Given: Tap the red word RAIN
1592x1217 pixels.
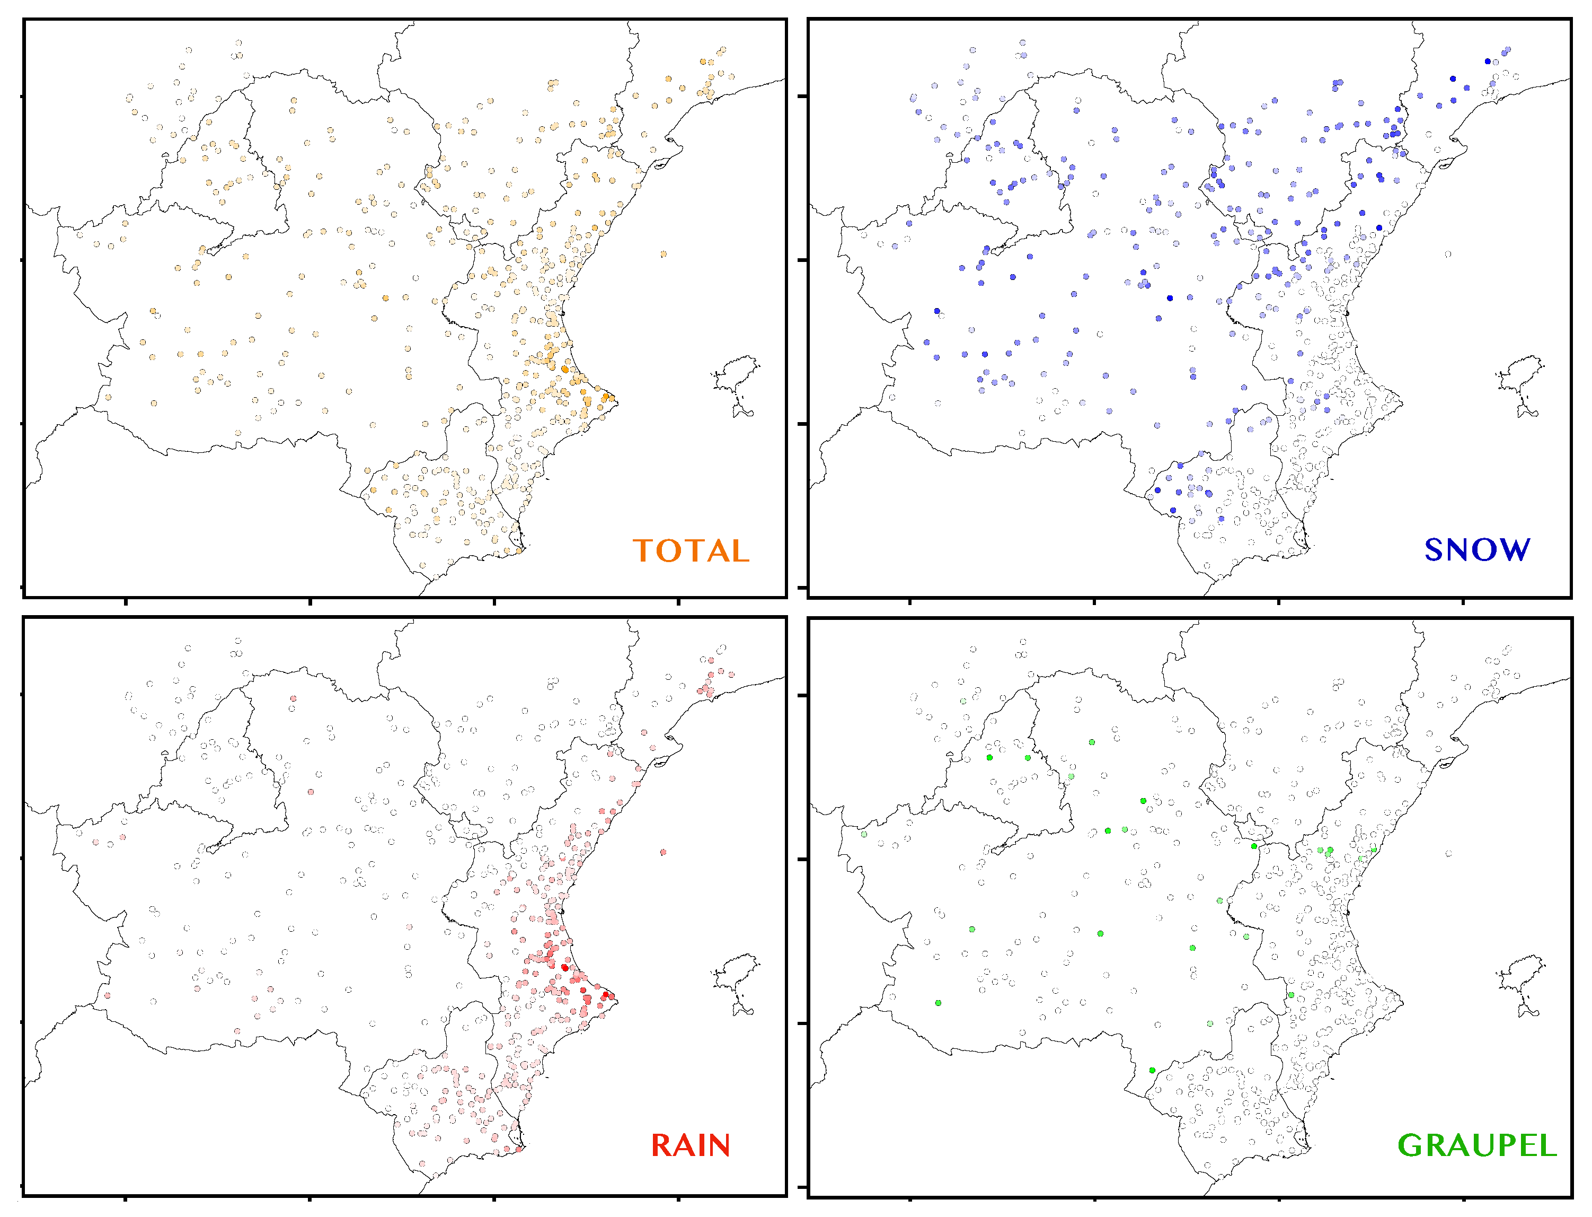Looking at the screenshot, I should [x=690, y=1145].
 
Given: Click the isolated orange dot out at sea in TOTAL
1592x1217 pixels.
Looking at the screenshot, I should [x=663, y=254].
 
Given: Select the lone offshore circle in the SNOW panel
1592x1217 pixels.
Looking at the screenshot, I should [x=1448, y=254].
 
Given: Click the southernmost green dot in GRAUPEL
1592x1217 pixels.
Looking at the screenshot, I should [x=1152, y=1070].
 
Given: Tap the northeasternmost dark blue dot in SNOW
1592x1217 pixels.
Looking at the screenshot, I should [x=1488, y=62].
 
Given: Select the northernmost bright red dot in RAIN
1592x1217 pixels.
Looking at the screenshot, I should [x=565, y=967].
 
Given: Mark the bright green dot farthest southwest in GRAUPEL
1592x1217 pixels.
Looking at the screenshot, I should [x=938, y=1003].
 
